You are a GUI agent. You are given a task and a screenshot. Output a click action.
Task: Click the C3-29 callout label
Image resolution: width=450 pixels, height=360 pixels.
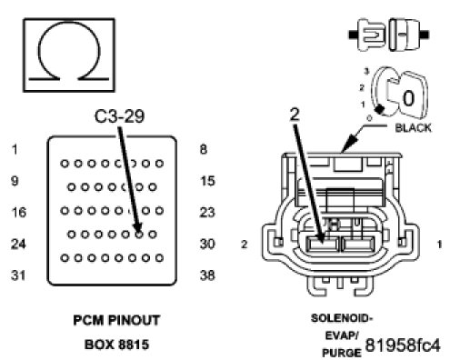click(x=119, y=116)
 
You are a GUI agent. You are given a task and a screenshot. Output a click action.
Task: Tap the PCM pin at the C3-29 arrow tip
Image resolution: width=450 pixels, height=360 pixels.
click(x=139, y=235)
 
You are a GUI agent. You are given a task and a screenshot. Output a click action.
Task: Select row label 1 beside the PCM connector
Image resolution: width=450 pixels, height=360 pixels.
click(x=15, y=149)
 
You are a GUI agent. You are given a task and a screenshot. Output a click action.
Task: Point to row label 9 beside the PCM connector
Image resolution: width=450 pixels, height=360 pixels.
click(x=15, y=181)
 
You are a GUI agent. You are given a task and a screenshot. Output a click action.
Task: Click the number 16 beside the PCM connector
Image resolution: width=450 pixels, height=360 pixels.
click(x=19, y=212)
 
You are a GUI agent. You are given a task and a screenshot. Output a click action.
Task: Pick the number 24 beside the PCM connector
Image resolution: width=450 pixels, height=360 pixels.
click(x=18, y=244)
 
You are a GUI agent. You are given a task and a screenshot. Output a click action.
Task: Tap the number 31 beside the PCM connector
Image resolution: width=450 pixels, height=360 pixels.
click(x=18, y=275)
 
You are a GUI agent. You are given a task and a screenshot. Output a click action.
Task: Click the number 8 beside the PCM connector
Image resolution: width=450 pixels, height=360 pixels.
click(x=204, y=149)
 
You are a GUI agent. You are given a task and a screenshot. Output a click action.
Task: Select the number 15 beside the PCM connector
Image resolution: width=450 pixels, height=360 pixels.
click(x=207, y=181)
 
